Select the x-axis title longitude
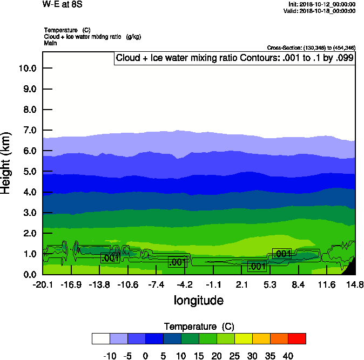[198, 300]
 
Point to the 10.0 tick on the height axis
[27, 68]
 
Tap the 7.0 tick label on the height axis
[29, 130]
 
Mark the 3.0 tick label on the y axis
[29, 213]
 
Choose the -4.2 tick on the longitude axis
[185, 284]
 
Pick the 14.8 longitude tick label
[355, 284]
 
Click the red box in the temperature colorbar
[296, 338]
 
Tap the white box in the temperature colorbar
[101, 338]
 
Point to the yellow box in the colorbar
[243, 338]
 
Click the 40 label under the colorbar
[287, 356]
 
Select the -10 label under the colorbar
[109, 356]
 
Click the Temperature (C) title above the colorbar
[198, 327]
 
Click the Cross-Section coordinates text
[311, 48]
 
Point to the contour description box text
[235, 58]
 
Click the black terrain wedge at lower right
[350, 268]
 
